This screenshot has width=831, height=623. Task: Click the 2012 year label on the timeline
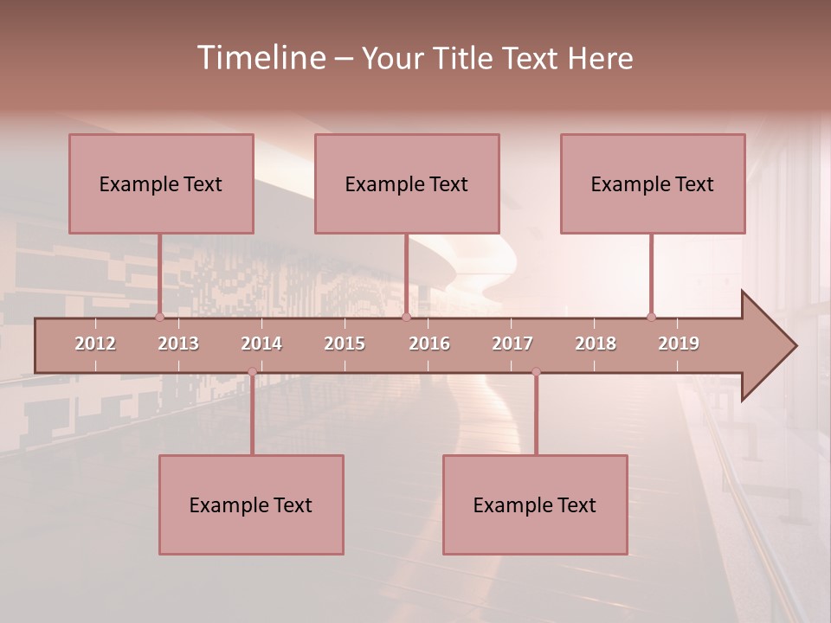click(x=95, y=344)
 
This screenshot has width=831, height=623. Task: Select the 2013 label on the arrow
click(x=178, y=344)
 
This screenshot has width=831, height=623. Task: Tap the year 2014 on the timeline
click(x=261, y=344)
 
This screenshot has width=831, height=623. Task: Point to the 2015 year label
click(x=345, y=344)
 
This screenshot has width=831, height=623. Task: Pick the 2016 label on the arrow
click(x=429, y=344)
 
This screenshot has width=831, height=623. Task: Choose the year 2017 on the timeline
click(x=512, y=344)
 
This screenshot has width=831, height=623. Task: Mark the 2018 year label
click(x=596, y=344)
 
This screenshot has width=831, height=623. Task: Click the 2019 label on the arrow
click(x=679, y=344)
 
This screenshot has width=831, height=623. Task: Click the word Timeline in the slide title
click(x=261, y=58)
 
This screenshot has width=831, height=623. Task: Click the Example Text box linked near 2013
click(x=161, y=183)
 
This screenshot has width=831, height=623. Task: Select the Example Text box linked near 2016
click(x=407, y=183)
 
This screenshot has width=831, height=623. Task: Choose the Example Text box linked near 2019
click(x=653, y=183)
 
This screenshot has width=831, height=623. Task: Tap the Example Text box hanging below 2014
click(x=251, y=504)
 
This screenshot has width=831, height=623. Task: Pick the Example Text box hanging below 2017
click(x=535, y=504)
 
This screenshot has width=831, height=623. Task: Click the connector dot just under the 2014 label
click(x=252, y=371)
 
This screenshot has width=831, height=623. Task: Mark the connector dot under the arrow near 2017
click(x=536, y=371)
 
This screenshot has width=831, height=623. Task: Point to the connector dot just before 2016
click(x=406, y=317)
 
